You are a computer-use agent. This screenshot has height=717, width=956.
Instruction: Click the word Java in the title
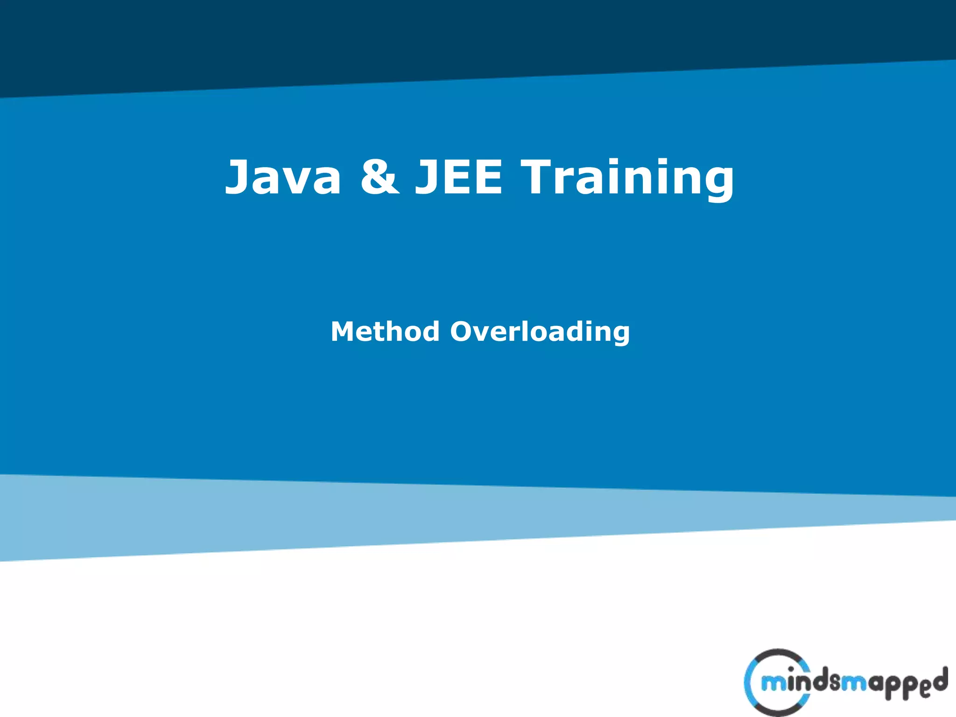click(x=283, y=177)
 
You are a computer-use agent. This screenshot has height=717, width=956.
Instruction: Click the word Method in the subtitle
click(x=385, y=331)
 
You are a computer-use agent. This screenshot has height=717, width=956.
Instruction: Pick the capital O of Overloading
click(x=465, y=331)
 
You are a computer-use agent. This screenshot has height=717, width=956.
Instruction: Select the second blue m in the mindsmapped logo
click(x=854, y=684)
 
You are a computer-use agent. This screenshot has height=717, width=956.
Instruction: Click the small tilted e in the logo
click(x=925, y=690)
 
